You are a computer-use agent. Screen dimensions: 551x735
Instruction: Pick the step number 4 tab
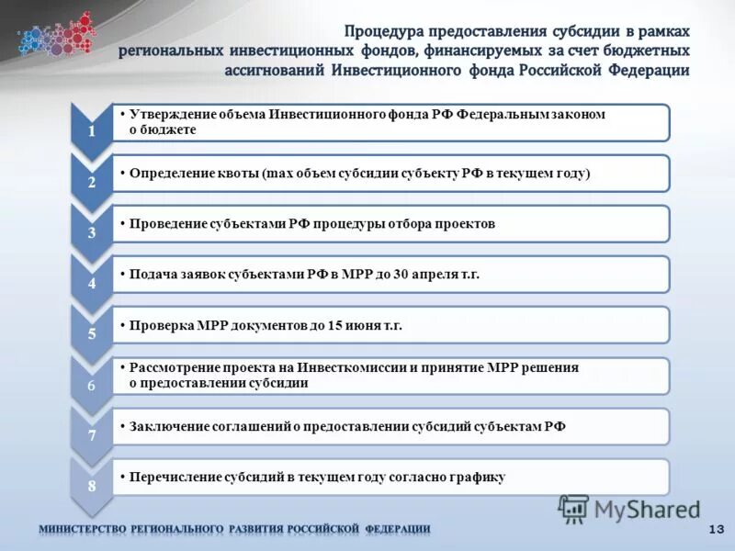pyautogui.click(x=91, y=284)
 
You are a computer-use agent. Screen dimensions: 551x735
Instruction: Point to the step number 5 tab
pyautogui.click(x=91, y=334)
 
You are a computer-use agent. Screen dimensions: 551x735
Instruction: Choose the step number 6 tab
pyautogui.click(x=91, y=386)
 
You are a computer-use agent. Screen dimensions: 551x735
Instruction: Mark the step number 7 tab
pyautogui.click(x=91, y=434)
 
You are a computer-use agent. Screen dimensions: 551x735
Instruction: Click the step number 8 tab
pyautogui.click(x=91, y=485)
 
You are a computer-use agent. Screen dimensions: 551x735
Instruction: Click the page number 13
pyautogui.click(x=717, y=529)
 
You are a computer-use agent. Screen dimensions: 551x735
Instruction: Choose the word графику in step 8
pyautogui.click(x=478, y=477)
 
